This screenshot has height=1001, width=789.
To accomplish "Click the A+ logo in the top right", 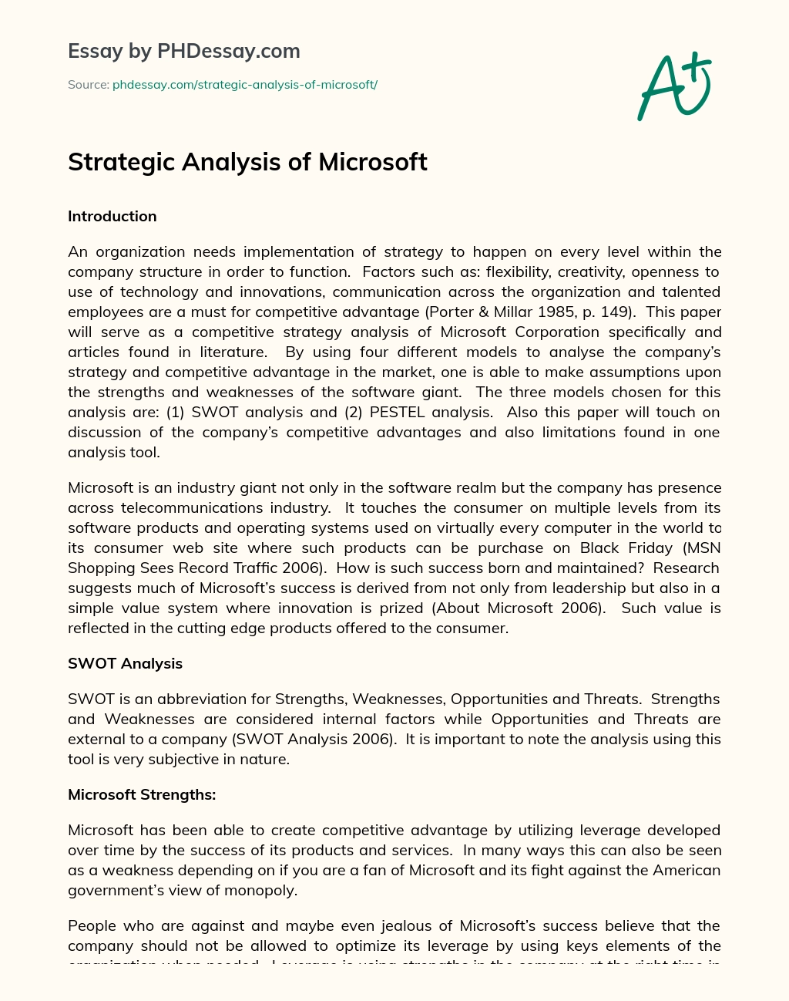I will tap(674, 86).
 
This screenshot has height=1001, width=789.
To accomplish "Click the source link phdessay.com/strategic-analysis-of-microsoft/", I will tap(244, 85).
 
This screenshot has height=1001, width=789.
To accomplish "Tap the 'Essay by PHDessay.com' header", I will tap(183, 51).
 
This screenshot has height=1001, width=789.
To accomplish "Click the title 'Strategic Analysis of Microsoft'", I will tap(247, 162).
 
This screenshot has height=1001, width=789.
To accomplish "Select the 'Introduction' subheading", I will tap(112, 217).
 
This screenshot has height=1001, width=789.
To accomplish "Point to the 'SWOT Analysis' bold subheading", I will tap(125, 663).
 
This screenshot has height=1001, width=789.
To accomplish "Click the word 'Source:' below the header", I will tap(88, 85).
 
